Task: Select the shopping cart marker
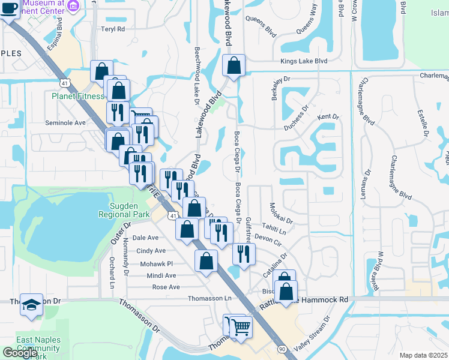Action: (241, 328)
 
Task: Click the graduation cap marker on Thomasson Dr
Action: (31, 305)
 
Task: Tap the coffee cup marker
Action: (9, 8)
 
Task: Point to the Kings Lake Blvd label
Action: (304, 61)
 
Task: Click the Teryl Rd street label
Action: (113, 29)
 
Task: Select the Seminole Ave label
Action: (66, 122)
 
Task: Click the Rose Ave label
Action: (166, 287)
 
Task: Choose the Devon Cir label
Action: (268, 239)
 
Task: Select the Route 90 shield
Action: (282, 348)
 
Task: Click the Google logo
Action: (20, 353)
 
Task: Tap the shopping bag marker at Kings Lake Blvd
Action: (234, 66)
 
